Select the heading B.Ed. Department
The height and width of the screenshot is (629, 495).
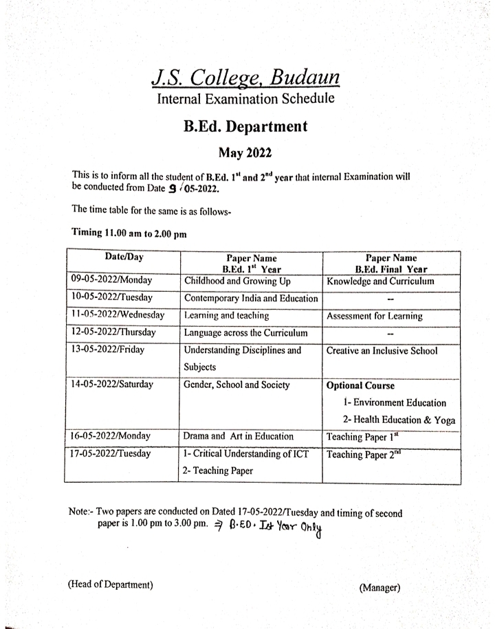[245, 127]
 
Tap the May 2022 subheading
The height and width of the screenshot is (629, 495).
[245, 152]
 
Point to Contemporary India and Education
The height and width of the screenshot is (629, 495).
[250, 299]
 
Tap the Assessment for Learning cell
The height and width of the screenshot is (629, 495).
[384, 317]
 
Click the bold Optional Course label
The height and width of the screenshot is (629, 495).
[360, 385]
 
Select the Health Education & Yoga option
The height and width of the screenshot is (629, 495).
[399, 420]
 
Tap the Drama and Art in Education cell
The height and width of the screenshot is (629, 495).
[239, 436]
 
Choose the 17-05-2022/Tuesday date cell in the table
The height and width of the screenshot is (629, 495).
[110, 454]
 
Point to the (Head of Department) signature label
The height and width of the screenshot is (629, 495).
[110, 584]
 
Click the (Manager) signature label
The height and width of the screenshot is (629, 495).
[379, 587]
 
